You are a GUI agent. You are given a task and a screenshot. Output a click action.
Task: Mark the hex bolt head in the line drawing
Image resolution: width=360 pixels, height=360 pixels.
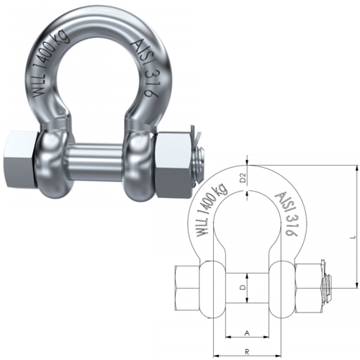(186, 287)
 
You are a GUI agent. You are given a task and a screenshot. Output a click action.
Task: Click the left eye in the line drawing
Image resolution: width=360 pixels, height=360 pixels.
(212, 287)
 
